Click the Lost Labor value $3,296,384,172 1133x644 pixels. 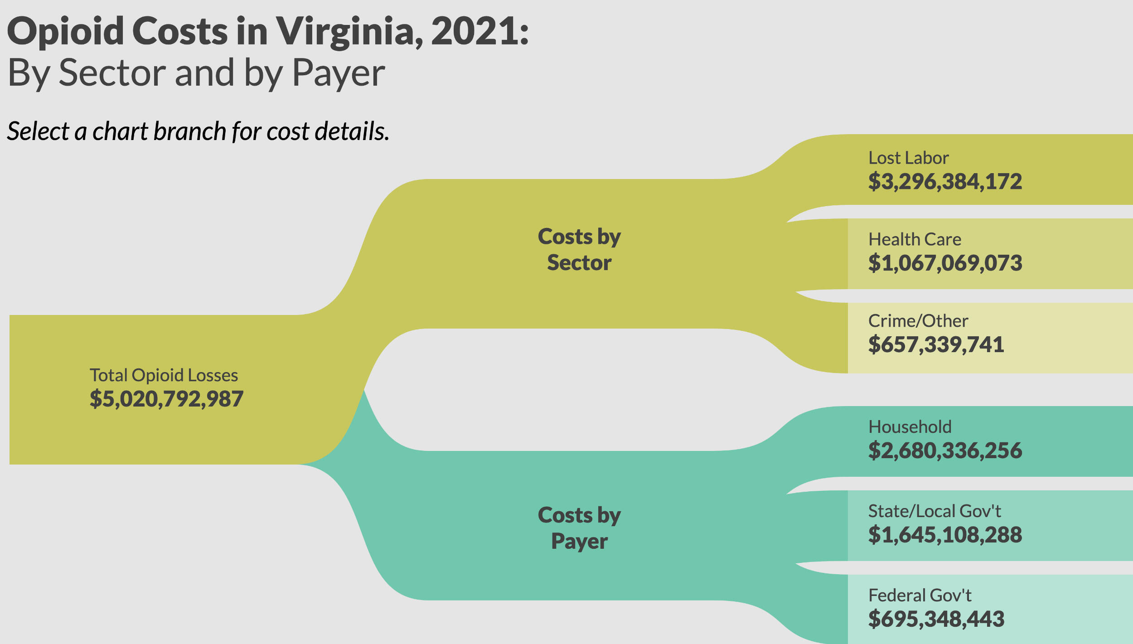point(945,182)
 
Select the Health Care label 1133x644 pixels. point(915,239)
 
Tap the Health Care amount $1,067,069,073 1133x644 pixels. point(945,263)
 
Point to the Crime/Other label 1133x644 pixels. point(918,321)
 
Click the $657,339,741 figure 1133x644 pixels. point(936,344)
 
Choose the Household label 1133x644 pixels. point(910,427)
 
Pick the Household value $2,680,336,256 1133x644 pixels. point(945,450)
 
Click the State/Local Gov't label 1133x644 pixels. point(934,511)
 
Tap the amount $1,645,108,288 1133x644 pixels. point(945,535)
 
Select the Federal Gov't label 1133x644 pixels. point(920,596)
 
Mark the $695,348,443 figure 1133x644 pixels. point(936,619)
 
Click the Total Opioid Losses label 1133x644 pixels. point(164,375)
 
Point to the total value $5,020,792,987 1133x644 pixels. point(166,399)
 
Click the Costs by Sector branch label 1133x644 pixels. point(579,249)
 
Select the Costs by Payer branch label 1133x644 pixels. point(579,528)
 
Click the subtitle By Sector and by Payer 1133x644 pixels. point(196,73)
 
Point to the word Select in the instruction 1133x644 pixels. point(38,131)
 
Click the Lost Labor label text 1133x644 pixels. point(908,158)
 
